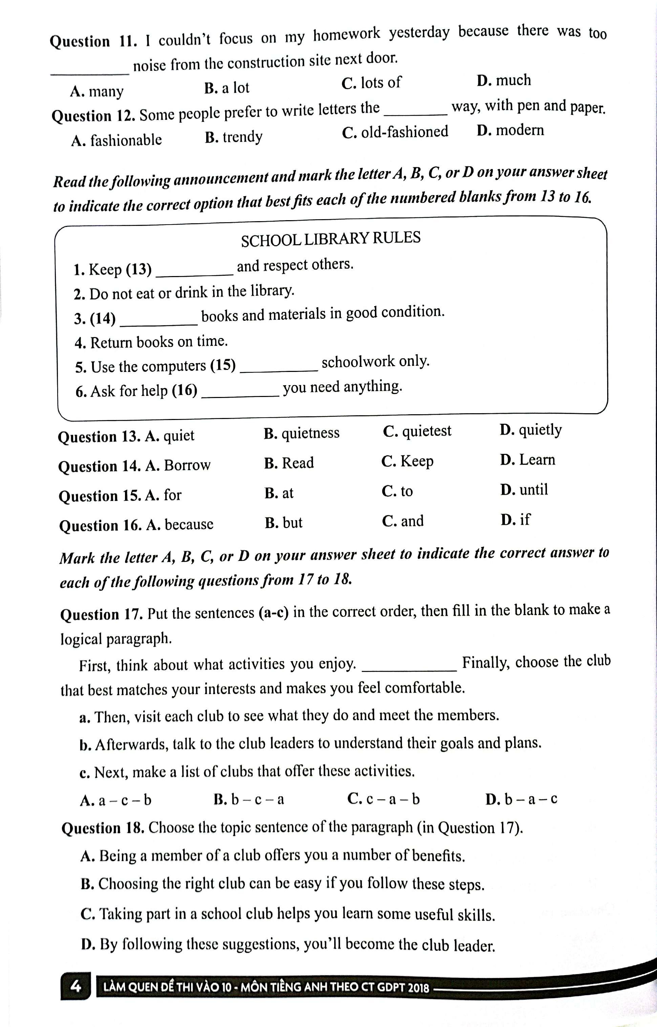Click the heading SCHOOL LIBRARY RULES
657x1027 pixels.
pos(331,239)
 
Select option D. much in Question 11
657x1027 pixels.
pos(503,81)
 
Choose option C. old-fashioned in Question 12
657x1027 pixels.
pos(395,132)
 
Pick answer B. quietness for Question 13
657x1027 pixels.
pos(301,434)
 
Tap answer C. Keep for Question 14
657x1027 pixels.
pos(407,461)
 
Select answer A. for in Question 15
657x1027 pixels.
pos(163,495)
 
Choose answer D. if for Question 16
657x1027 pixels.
pos(515,520)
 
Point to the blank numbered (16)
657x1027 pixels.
pos(240,393)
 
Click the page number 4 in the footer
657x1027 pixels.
pos(76,986)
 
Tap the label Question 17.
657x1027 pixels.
pos(102,615)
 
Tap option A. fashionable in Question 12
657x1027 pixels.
pos(116,140)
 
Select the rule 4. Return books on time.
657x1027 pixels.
pos(151,342)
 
